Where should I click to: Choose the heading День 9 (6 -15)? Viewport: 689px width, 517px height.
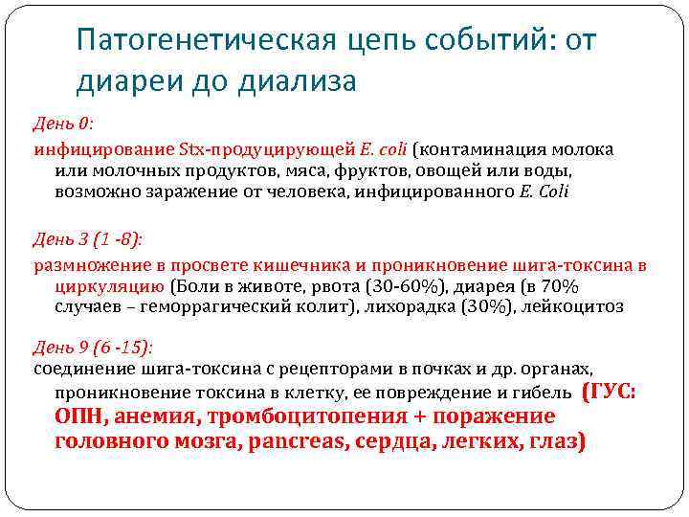(x=93, y=347)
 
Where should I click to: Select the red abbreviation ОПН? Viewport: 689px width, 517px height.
(x=80, y=417)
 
